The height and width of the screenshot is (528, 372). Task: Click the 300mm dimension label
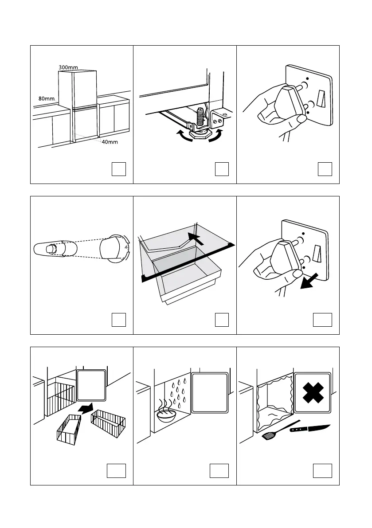(68, 67)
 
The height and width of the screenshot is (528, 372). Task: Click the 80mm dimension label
(46, 99)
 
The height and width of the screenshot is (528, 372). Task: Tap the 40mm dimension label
(110, 142)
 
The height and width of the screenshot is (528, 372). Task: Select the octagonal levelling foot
(201, 135)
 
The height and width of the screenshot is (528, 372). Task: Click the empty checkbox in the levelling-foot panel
(222, 169)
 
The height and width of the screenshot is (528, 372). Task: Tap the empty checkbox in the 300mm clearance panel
(119, 169)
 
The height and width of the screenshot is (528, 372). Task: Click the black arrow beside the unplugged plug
(309, 281)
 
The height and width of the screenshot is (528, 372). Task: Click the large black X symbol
(313, 393)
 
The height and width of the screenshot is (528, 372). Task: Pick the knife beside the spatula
(310, 428)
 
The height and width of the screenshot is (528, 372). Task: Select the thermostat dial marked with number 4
(114, 249)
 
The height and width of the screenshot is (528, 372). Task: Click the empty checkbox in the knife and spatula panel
(322, 471)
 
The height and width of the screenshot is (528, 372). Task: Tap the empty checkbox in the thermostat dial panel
(119, 320)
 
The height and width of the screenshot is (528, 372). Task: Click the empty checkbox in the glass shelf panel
(222, 320)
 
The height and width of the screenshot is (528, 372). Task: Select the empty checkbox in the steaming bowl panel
(219, 471)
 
